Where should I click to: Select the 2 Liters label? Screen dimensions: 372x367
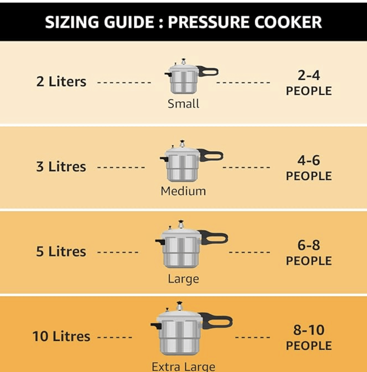coord(61,82)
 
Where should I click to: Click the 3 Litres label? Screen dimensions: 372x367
coord(61,167)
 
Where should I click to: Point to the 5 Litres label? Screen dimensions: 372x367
coord(61,252)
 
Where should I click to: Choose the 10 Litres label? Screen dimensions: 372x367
coord(61,336)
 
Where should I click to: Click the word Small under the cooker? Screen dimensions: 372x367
coord(183,104)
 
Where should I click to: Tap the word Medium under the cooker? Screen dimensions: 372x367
coord(183,191)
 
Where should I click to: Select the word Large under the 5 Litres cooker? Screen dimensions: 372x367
coord(183,279)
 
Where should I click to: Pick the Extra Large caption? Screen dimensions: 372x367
coord(183,366)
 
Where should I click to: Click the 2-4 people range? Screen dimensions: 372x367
coord(309,76)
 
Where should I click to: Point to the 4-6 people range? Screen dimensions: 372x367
coord(309,161)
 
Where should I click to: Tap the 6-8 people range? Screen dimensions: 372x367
coord(309,246)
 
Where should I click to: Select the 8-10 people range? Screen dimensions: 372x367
coord(309,330)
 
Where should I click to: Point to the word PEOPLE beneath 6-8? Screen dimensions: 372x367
coord(309,261)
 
